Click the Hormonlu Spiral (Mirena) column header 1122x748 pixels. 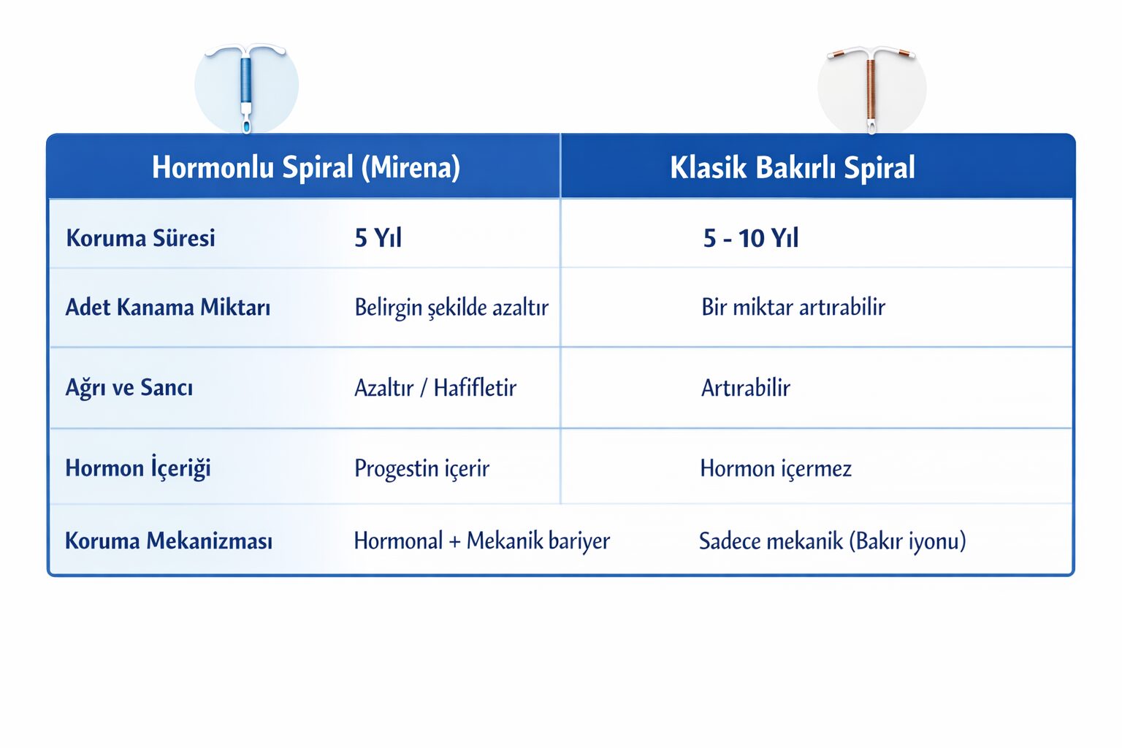306,167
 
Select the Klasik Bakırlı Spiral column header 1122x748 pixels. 793,167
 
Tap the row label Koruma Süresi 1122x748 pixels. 140,237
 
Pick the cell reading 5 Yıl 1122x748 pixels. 378,237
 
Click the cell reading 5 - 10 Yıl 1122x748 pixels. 750,237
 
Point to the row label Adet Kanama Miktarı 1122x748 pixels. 168,307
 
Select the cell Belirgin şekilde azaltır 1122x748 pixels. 451,308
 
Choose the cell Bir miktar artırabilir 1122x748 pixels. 793,307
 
